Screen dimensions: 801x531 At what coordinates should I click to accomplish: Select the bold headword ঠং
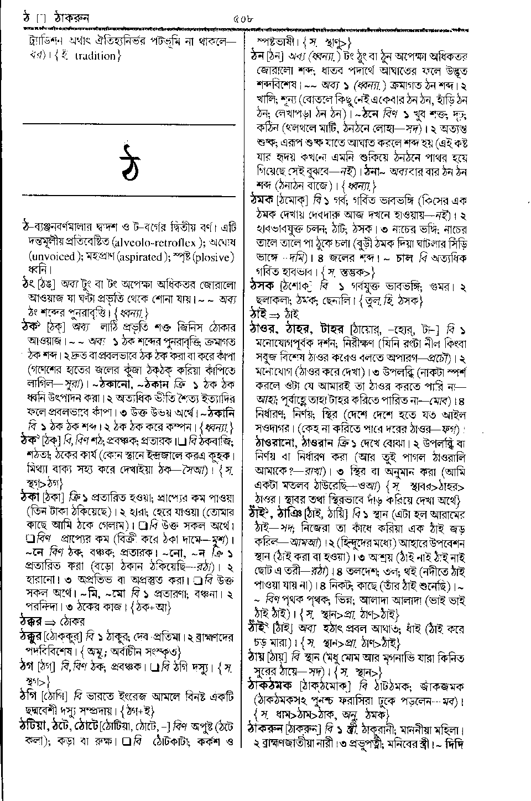pos(25,285)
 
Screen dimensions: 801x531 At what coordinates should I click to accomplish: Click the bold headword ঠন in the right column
pos(258,56)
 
